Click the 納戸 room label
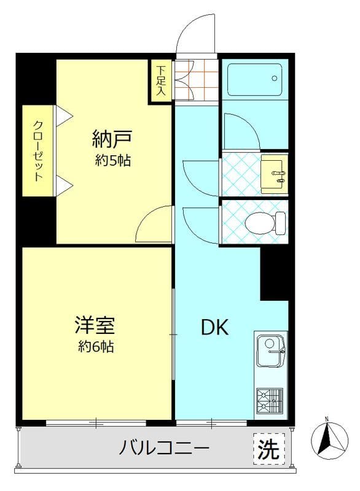113,138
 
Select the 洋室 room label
96,323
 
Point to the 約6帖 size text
96,347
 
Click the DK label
215,328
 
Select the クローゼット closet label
38,151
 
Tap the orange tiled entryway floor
197,80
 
